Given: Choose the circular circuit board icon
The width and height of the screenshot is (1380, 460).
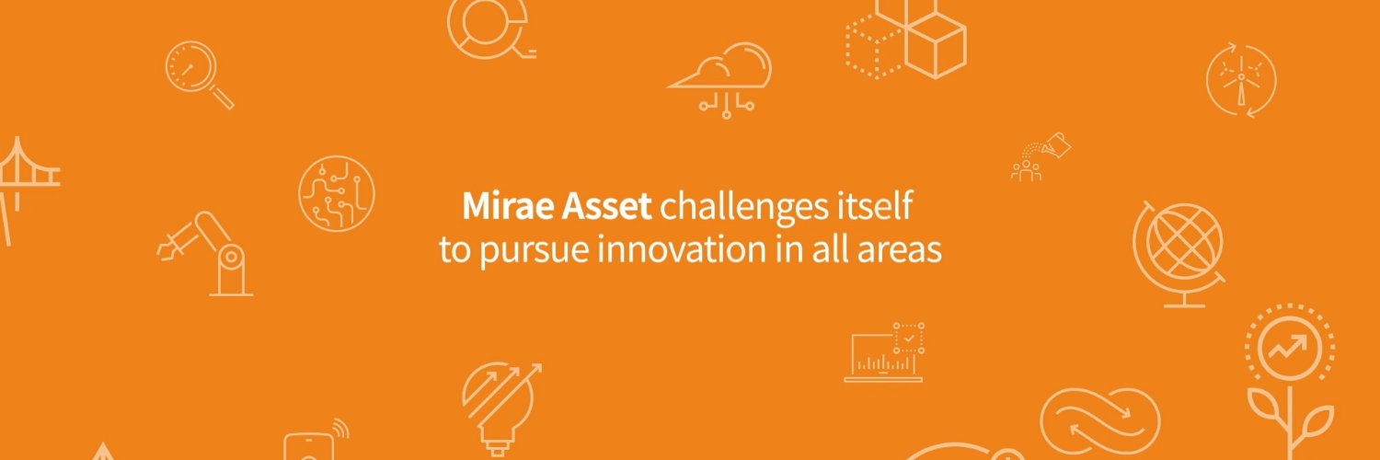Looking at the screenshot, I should (x=337, y=193).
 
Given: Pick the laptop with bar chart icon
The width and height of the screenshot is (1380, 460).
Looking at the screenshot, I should (x=884, y=353).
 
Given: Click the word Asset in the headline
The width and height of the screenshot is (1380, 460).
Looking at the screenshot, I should (x=608, y=206).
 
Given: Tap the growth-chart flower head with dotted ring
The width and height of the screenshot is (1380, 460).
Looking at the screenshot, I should (x=1289, y=349).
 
